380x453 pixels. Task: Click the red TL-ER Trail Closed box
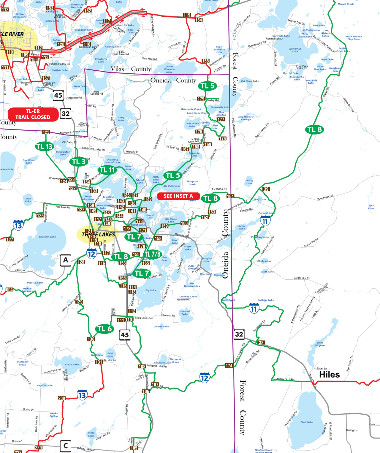point(33,114)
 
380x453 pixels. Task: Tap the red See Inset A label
point(178,196)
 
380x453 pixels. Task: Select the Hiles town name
point(329,375)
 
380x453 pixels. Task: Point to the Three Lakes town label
point(98,234)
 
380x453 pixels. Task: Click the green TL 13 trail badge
point(44,146)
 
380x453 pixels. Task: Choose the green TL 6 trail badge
point(104,329)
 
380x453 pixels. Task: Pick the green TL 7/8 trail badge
point(152,254)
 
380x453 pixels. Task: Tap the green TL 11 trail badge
point(107,170)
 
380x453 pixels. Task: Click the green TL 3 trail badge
point(79,161)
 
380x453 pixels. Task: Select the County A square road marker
point(66,260)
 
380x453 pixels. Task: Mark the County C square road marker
point(66,445)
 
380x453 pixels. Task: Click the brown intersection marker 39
point(266,189)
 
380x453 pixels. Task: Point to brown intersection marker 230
point(61,398)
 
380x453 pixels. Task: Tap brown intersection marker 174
point(229,366)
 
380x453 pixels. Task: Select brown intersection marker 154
point(199,20)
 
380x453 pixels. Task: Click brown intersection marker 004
point(9,289)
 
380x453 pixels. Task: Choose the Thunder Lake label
point(47,237)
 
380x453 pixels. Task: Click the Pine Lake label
point(306,422)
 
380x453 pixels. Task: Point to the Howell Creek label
point(346,4)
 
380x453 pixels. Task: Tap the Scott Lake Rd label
point(302,278)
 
